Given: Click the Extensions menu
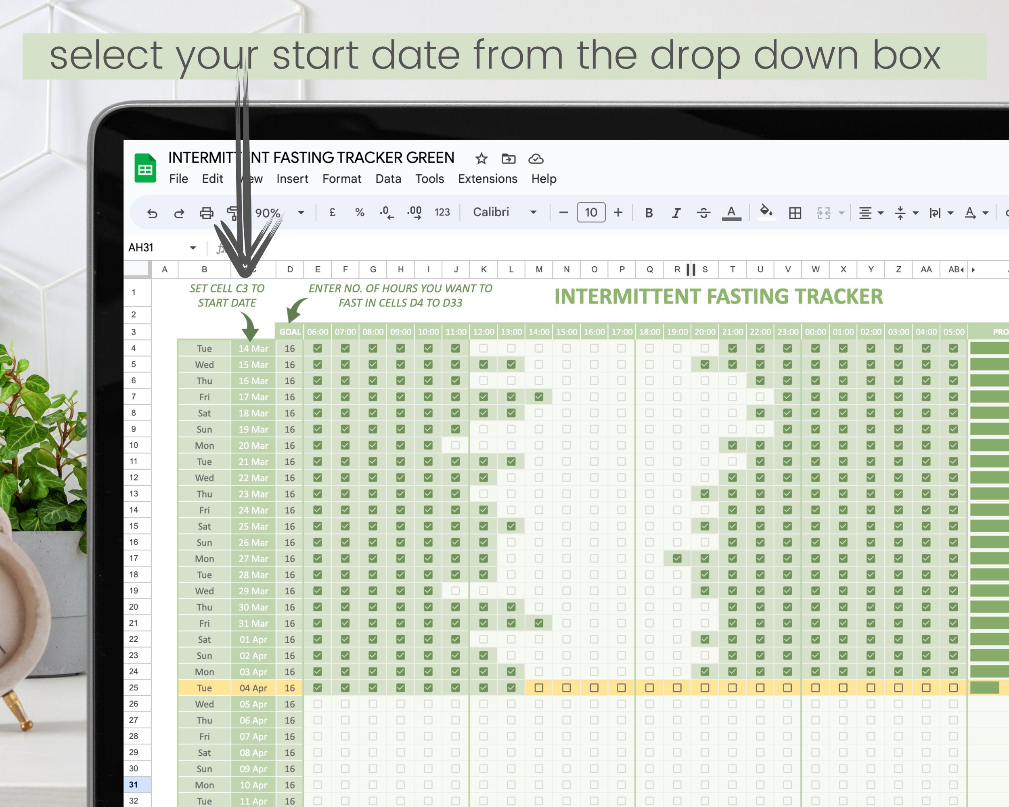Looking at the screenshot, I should [x=487, y=179].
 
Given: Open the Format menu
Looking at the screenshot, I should [x=341, y=179].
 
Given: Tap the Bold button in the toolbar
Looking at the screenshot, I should [x=649, y=213].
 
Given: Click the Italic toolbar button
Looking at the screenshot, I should [x=676, y=213].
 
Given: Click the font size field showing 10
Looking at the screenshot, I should [x=590, y=212].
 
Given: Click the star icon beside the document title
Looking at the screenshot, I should [x=481, y=159].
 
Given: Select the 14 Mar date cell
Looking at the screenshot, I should [x=253, y=349].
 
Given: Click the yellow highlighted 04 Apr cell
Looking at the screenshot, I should [x=253, y=688].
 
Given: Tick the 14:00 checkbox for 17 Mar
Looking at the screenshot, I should [x=539, y=397].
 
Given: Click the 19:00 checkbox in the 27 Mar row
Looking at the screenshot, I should [x=677, y=558].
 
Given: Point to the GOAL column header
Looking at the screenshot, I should [x=290, y=332].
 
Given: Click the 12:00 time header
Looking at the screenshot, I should [x=484, y=332].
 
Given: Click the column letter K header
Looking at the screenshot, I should [x=484, y=270].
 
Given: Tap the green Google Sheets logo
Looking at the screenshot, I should [x=145, y=168].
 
